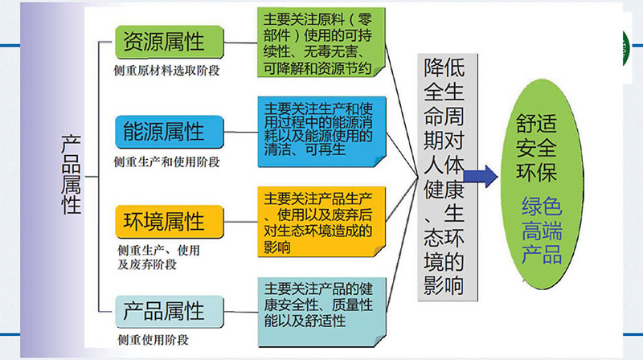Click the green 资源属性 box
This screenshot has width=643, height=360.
pos(170,42)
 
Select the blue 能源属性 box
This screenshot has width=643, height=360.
pos(170,132)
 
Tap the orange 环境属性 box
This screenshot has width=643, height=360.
pos(170,222)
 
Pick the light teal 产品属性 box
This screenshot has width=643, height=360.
pos(170,312)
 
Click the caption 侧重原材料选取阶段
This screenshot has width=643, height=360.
pos(166,71)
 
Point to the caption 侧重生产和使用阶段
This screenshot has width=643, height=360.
pos(166,162)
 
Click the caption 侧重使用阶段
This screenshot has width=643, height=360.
pos(153,340)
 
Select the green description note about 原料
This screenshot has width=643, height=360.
pos(321,43)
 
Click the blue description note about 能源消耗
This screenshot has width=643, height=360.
pos(322,132)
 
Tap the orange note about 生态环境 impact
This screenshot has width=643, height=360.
pos(321,222)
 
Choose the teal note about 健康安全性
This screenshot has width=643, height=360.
pos(322,312)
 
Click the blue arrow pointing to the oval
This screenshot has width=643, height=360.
pos(481,177)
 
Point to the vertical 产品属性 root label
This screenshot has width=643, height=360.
pos(71,174)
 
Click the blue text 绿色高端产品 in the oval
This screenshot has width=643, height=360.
pos(542,231)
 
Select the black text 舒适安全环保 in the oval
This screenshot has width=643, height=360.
pos(536,148)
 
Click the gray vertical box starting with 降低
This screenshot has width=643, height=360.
pos(448,177)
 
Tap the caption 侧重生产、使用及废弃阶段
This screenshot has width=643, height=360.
pos(158,257)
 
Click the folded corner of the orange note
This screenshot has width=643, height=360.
pos(379,250)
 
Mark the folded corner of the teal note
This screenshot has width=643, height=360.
pos(379,341)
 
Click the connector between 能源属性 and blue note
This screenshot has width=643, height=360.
pos(240,132)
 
